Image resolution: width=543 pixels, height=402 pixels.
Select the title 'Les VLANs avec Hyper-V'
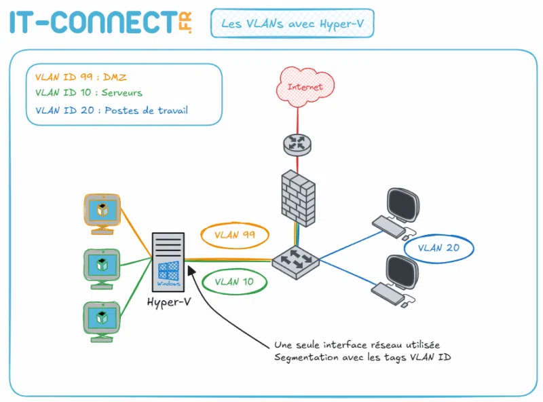tap(292, 24)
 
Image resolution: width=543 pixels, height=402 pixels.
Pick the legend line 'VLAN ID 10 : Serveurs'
tap(88, 93)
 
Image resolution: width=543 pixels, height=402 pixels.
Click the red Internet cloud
tap(300, 87)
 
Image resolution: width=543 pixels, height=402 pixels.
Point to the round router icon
tap(296, 143)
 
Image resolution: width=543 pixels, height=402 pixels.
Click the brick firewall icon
tap(297, 198)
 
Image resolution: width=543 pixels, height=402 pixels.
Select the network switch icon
tap(295, 260)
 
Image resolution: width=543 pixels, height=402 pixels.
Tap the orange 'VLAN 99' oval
tap(235, 235)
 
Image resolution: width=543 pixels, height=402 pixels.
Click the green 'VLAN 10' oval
tap(235, 281)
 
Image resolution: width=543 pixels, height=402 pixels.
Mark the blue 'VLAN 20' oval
tap(438, 248)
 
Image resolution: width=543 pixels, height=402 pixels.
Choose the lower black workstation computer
tap(396, 280)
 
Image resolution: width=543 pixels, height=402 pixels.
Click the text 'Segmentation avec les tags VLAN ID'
tap(362, 357)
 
